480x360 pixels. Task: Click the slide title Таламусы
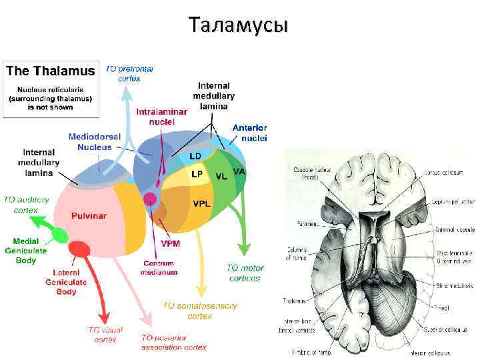point(239,25)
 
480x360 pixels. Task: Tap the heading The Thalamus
point(49,71)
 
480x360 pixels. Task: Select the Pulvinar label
point(89,215)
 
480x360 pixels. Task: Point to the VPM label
point(170,243)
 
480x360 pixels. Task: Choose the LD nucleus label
point(195,156)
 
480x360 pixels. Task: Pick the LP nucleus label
point(197,173)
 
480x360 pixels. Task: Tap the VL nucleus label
point(221,176)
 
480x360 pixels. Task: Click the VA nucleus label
point(239,171)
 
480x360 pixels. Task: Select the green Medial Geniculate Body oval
point(59,235)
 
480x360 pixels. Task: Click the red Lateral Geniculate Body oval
point(81,249)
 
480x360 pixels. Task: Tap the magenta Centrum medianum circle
point(151,198)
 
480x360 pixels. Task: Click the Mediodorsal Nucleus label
point(95,141)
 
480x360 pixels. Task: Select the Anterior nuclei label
point(249,133)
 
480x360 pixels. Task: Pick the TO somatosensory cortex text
point(200,310)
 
